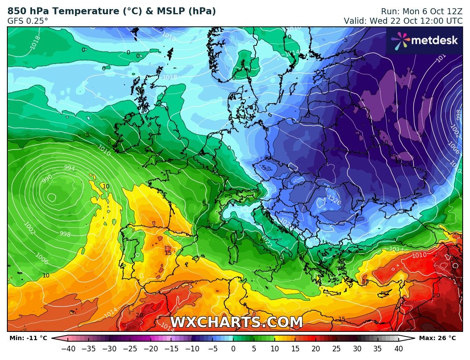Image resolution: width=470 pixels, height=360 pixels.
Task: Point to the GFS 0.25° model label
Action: (28, 20)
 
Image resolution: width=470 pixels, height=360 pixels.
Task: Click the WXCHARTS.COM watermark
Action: (236, 322)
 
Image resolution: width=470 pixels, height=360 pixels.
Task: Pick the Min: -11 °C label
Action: (28, 338)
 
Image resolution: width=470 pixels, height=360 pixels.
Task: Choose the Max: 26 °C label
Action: (437, 338)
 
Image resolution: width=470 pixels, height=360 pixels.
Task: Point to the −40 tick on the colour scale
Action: (68, 349)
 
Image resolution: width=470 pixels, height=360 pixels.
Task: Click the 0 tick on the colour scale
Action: (233, 349)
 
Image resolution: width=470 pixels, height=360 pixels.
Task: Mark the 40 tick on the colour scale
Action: (399, 349)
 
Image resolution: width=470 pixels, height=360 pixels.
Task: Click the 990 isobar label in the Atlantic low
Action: (48, 178)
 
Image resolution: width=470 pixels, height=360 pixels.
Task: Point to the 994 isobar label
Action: (70, 168)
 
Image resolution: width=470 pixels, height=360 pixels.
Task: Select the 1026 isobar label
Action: (333, 199)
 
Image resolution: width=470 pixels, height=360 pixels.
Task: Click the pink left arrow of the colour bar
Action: (56, 338)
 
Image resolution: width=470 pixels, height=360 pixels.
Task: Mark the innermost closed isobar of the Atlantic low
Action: (51, 198)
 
